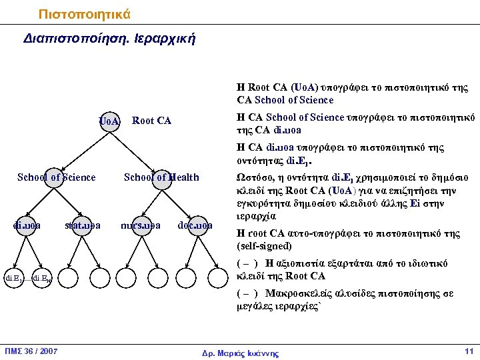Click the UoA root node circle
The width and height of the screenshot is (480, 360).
(x=109, y=121)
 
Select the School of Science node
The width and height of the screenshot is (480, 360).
(x=56, y=178)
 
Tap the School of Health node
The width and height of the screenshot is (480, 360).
(x=162, y=178)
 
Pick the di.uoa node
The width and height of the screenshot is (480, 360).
(x=27, y=225)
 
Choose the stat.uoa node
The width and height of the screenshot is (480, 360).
(x=83, y=225)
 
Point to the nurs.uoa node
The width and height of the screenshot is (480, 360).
(x=141, y=225)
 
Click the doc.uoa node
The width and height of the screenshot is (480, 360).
(x=195, y=225)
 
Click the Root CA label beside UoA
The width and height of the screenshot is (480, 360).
(x=152, y=121)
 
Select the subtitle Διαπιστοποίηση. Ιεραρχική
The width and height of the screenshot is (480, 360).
(x=109, y=38)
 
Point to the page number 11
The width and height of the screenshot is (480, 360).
(x=468, y=351)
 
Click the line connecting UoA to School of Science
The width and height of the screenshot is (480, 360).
(x=83, y=149)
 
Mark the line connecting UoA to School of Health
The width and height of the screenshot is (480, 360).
(x=135, y=149)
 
